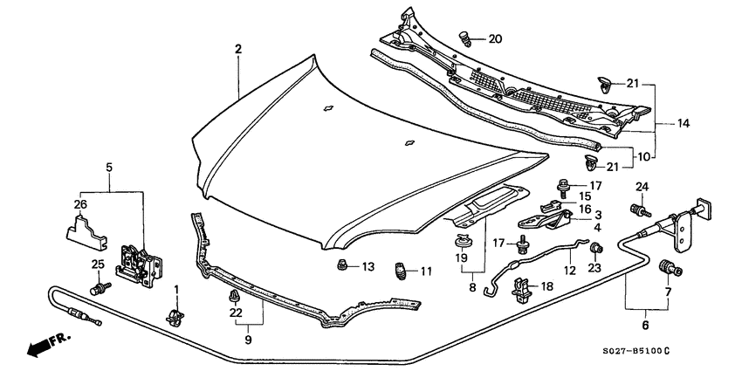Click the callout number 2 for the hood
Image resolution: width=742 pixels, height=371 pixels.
tap(237, 49)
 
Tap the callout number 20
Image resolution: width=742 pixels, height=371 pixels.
tap(495, 39)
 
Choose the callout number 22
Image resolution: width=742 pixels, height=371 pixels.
tap(236, 313)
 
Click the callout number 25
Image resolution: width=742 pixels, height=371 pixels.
tap(97, 265)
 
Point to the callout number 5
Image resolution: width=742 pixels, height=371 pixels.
tap(109, 166)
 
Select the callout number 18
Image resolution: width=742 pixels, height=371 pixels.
tap(547, 285)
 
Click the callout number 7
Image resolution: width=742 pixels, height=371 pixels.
tap(670, 293)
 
